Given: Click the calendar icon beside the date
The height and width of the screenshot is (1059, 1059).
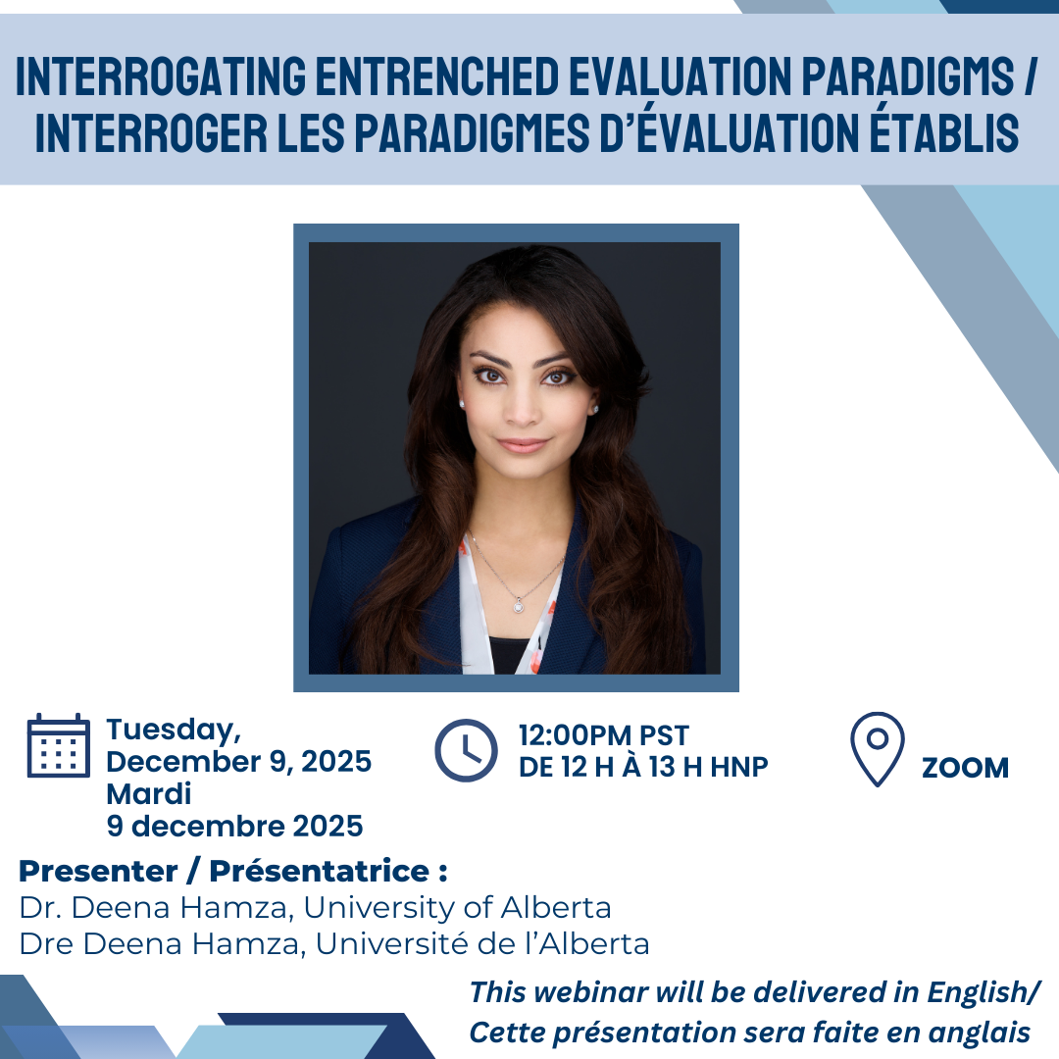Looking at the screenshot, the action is (x=58, y=745).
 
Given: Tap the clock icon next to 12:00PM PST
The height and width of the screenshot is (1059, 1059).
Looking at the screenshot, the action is (x=466, y=750).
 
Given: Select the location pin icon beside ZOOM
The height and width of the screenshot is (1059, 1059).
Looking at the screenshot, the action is (x=877, y=749).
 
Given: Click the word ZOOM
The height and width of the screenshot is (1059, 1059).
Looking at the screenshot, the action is (x=965, y=768).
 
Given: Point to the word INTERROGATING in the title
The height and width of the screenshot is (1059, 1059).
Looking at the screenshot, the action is (x=160, y=77).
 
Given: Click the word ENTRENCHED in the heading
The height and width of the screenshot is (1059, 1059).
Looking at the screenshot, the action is (x=437, y=77).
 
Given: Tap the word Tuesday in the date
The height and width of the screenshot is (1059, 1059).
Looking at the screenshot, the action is (x=170, y=731).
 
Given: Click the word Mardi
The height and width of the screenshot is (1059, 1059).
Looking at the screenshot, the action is (x=149, y=793).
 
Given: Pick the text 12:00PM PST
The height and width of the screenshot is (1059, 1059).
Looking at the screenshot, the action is (x=604, y=734).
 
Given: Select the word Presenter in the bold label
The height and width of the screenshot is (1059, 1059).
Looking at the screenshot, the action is (x=99, y=872).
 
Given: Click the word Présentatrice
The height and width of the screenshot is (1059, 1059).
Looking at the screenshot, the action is (x=320, y=872).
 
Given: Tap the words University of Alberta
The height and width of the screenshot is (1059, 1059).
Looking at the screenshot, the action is (x=457, y=908).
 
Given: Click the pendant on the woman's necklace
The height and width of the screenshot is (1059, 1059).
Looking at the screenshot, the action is (x=518, y=606).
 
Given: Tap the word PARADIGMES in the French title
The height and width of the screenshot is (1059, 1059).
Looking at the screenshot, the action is (x=472, y=133).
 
